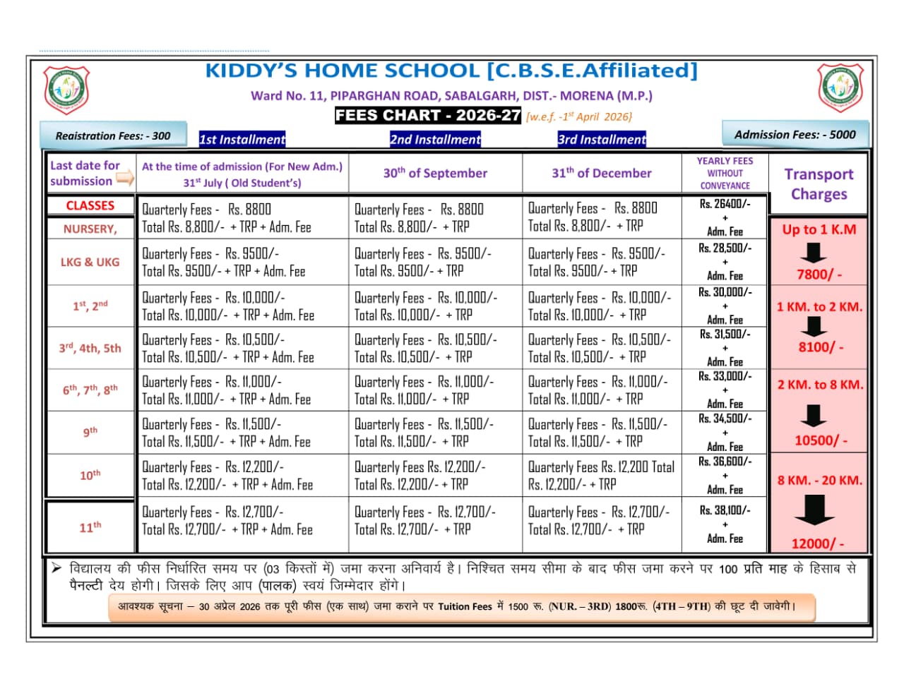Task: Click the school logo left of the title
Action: click(x=66, y=90)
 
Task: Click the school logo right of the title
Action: click(x=840, y=88)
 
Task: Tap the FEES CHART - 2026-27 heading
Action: click(x=428, y=116)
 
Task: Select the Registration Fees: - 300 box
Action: click(x=113, y=136)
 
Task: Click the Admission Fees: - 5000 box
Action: click(x=795, y=134)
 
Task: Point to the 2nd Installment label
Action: click(x=435, y=139)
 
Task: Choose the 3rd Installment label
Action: click(x=602, y=139)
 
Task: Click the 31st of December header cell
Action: click(x=602, y=173)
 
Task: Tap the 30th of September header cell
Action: click(x=435, y=173)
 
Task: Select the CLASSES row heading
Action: click(x=90, y=205)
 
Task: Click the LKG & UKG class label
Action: click(x=90, y=262)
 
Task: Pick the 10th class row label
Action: click(x=90, y=475)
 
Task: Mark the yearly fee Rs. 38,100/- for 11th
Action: click(x=725, y=510)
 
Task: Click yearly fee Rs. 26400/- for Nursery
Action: click(x=725, y=204)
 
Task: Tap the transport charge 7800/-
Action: click(x=819, y=275)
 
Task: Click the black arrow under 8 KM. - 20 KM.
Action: click(x=814, y=510)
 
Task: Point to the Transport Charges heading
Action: click(x=819, y=183)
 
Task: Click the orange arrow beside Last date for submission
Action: click(x=125, y=179)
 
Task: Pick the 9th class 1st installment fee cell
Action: click(x=242, y=433)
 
